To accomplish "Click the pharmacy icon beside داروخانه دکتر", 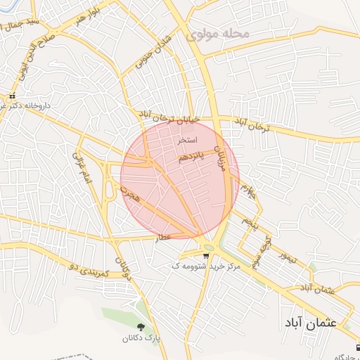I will (12, 96).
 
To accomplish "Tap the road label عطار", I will (164, 238).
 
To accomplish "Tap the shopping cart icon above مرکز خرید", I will (205, 256).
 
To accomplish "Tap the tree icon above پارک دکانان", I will (141, 327).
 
